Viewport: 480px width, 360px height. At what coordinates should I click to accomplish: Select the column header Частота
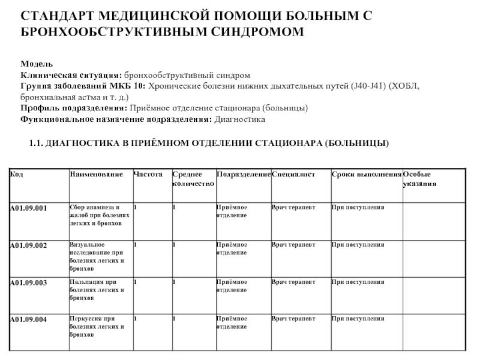pyautogui.click(x=148, y=174)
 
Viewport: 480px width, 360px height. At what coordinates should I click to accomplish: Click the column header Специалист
pyautogui.click(x=293, y=174)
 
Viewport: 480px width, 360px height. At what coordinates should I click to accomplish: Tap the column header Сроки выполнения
pyautogui.click(x=366, y=174)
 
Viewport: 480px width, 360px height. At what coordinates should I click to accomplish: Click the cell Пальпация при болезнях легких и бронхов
pyautogui.click(x=98, y=290)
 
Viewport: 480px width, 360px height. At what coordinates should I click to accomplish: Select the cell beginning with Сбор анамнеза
pyautogui.click(x=98, y=215)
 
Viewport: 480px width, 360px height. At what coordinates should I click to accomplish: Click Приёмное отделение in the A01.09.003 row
pyautogui.click(x=231, y=286)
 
